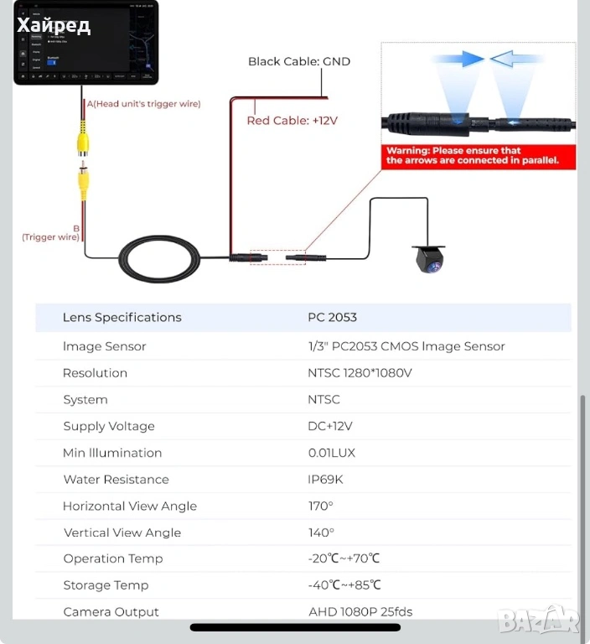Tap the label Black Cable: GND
298,61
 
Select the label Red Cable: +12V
292,121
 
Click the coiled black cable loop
159,258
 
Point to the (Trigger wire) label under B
50,237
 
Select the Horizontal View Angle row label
130,506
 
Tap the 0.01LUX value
331,453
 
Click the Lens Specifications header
122,318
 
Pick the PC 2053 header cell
332,318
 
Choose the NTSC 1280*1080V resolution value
360,373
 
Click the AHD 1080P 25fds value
360,612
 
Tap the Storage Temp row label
106,585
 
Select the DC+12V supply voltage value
330,426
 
